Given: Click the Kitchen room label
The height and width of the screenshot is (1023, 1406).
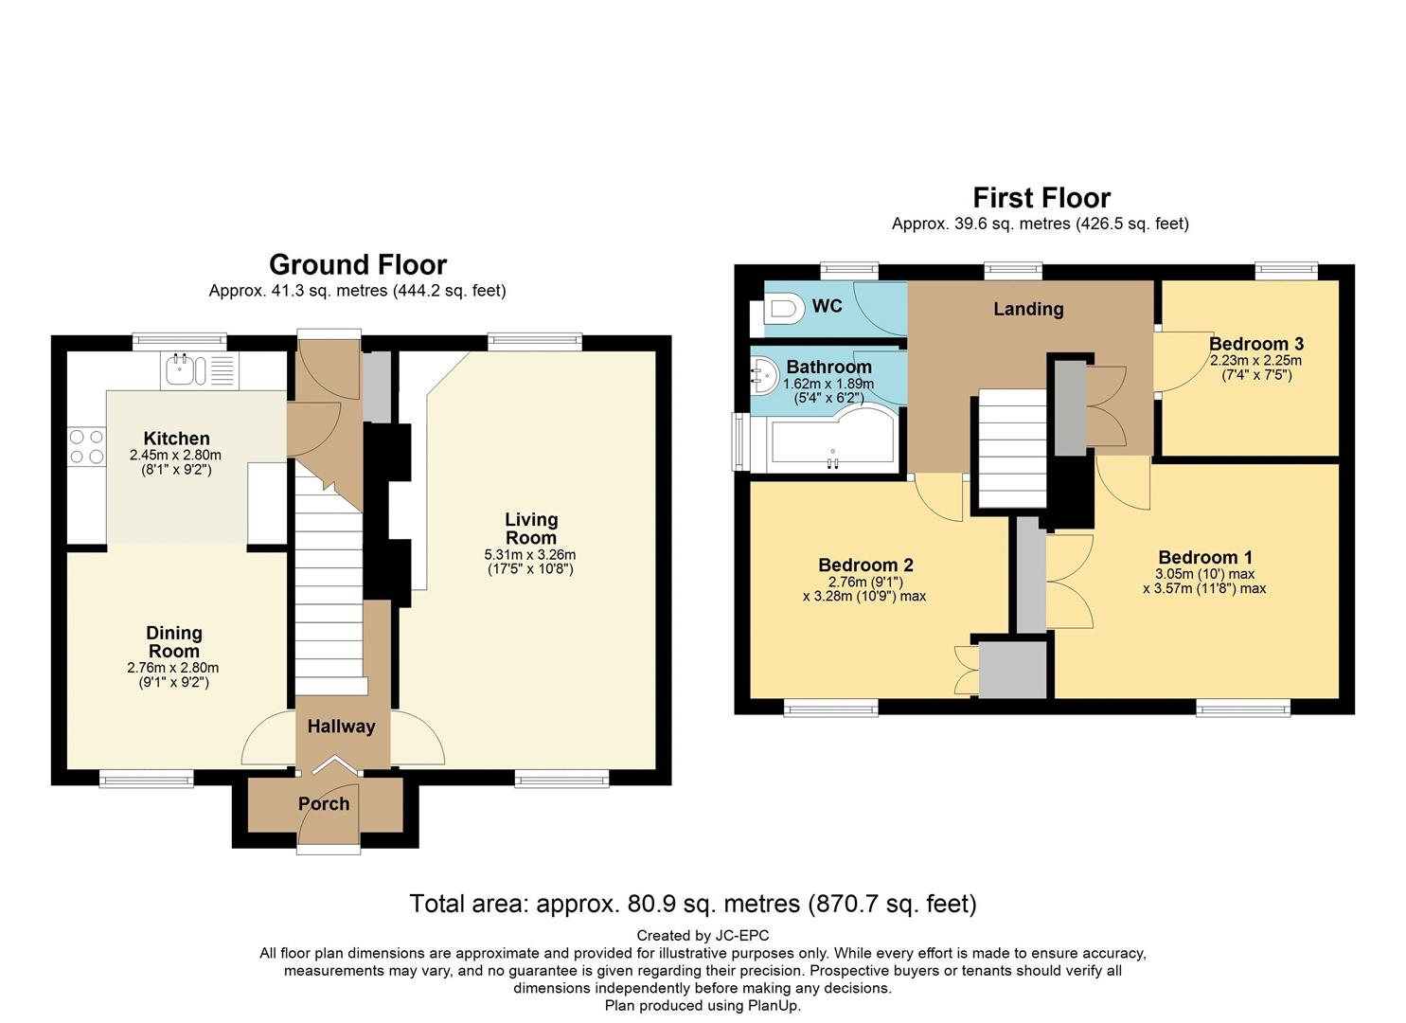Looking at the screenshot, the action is point(176,439).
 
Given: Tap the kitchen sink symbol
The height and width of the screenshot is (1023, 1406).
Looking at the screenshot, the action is point(200,369).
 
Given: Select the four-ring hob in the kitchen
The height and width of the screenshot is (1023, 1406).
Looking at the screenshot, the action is point(86,446).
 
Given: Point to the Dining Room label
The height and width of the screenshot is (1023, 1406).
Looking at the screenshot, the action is point(174,642).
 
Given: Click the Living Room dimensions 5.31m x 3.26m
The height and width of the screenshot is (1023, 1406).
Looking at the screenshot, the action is point(530,555).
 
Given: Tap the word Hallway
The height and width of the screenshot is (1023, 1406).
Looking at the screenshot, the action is point(342,727).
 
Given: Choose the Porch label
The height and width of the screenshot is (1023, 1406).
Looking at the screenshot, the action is point(324,804).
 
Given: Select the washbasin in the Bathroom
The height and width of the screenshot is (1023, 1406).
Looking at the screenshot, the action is point(764,375).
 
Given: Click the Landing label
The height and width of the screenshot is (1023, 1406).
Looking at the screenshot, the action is point(1028,309).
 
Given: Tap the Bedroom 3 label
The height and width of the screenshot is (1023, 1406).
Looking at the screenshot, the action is point(1256,344).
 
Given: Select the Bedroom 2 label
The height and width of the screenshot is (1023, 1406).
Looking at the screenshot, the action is point(865,565).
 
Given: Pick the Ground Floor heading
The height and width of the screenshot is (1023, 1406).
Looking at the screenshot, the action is point(358,265).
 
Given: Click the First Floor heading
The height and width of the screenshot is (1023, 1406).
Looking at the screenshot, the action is point(1041,199).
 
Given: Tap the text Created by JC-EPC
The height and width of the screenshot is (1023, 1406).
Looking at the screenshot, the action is point(703,937).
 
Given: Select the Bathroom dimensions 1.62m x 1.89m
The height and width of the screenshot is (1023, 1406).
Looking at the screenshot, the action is point(828,384).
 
